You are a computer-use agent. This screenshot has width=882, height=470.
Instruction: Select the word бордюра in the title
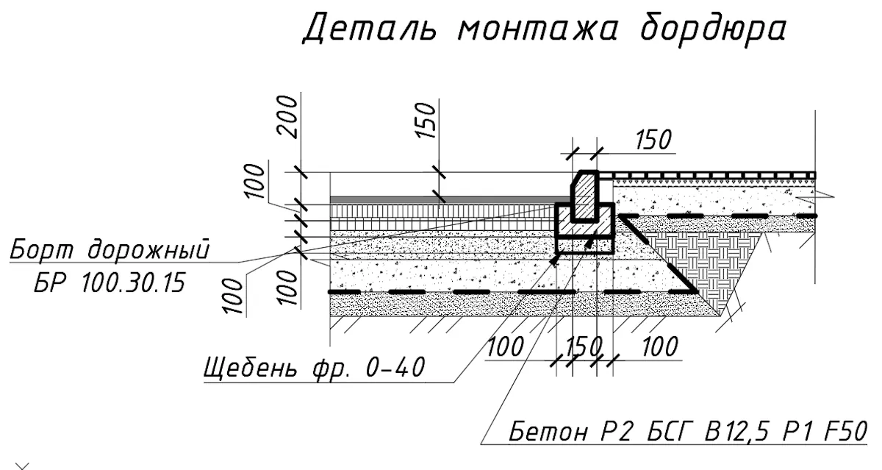pos(714,29)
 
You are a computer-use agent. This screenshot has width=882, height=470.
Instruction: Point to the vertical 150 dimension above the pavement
pos(426,120)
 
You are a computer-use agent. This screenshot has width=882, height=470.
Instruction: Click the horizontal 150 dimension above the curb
pos(653,140)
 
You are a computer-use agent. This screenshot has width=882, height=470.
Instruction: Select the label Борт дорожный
pos(110,250)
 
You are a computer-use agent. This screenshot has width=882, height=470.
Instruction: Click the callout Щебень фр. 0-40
pos(315,368)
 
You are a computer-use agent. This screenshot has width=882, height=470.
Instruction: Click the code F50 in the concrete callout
pos(846,431)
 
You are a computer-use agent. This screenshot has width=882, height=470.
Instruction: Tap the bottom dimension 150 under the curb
pos(584,346)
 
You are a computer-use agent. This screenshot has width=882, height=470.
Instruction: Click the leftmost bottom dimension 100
pos(506,346)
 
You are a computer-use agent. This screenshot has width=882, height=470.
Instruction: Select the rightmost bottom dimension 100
pos(660,346)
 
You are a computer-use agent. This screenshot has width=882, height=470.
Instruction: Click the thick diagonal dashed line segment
pos(657,253)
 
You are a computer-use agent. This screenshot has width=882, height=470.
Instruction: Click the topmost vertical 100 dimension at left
pos(254,181)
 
